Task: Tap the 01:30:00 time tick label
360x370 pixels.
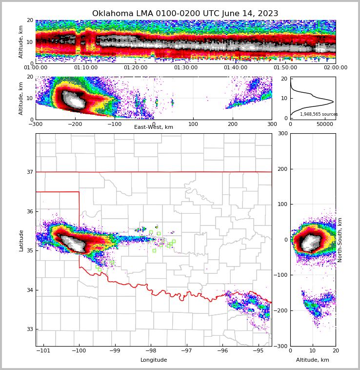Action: coord(185,68)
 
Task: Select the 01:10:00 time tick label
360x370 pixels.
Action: coord(85,68)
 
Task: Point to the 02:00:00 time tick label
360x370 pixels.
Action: coord(336,68)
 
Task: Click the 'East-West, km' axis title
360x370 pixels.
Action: coord(154,127)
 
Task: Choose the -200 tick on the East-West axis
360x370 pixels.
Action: coord(75,124)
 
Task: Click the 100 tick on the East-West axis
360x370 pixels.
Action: coord(193,124)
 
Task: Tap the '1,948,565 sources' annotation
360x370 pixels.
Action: coord(319,114)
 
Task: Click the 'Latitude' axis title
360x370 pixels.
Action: coord(21,240)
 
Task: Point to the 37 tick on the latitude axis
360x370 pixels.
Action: coord(29,172)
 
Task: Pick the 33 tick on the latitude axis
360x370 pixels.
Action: coord(29,329)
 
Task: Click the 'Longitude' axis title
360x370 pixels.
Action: coord(154,360)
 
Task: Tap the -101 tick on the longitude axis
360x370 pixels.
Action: coord(43,351)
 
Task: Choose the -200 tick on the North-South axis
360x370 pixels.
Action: coord(281,310)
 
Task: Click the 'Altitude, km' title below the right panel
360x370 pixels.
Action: coord(313,360)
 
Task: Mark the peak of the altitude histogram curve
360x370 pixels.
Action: coord(333,102)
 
